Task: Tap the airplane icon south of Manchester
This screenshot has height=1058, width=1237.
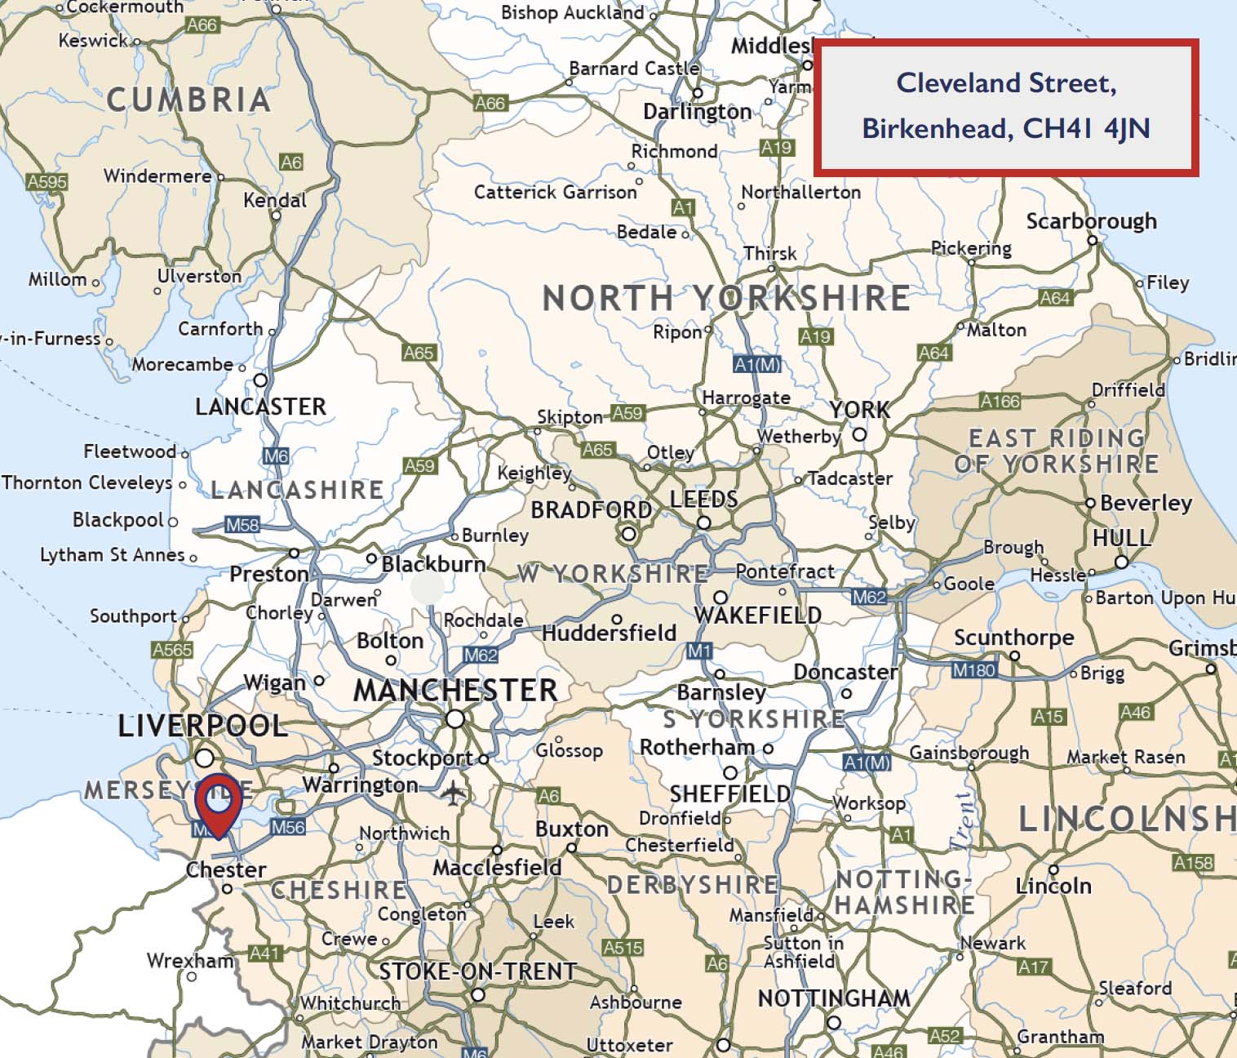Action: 451,792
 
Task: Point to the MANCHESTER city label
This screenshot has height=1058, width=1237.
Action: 455,691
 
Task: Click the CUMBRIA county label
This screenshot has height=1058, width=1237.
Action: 188,100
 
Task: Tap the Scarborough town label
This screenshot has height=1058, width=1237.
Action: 1091,221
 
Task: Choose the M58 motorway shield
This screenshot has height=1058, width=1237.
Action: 242,525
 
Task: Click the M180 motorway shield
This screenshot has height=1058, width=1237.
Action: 974,670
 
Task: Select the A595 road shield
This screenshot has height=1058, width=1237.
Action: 47,181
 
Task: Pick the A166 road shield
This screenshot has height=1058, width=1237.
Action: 1000,401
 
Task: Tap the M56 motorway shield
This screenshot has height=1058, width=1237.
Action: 288,827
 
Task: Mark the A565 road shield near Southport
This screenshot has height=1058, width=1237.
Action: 172,650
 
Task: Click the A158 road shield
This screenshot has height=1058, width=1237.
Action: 1193,863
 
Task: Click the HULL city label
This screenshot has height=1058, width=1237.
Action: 1121,538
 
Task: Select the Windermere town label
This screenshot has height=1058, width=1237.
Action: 157,176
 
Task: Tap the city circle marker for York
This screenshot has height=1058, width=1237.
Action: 859,434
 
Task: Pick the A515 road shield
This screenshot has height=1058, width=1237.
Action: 623,948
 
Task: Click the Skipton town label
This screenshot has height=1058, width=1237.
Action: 570,417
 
